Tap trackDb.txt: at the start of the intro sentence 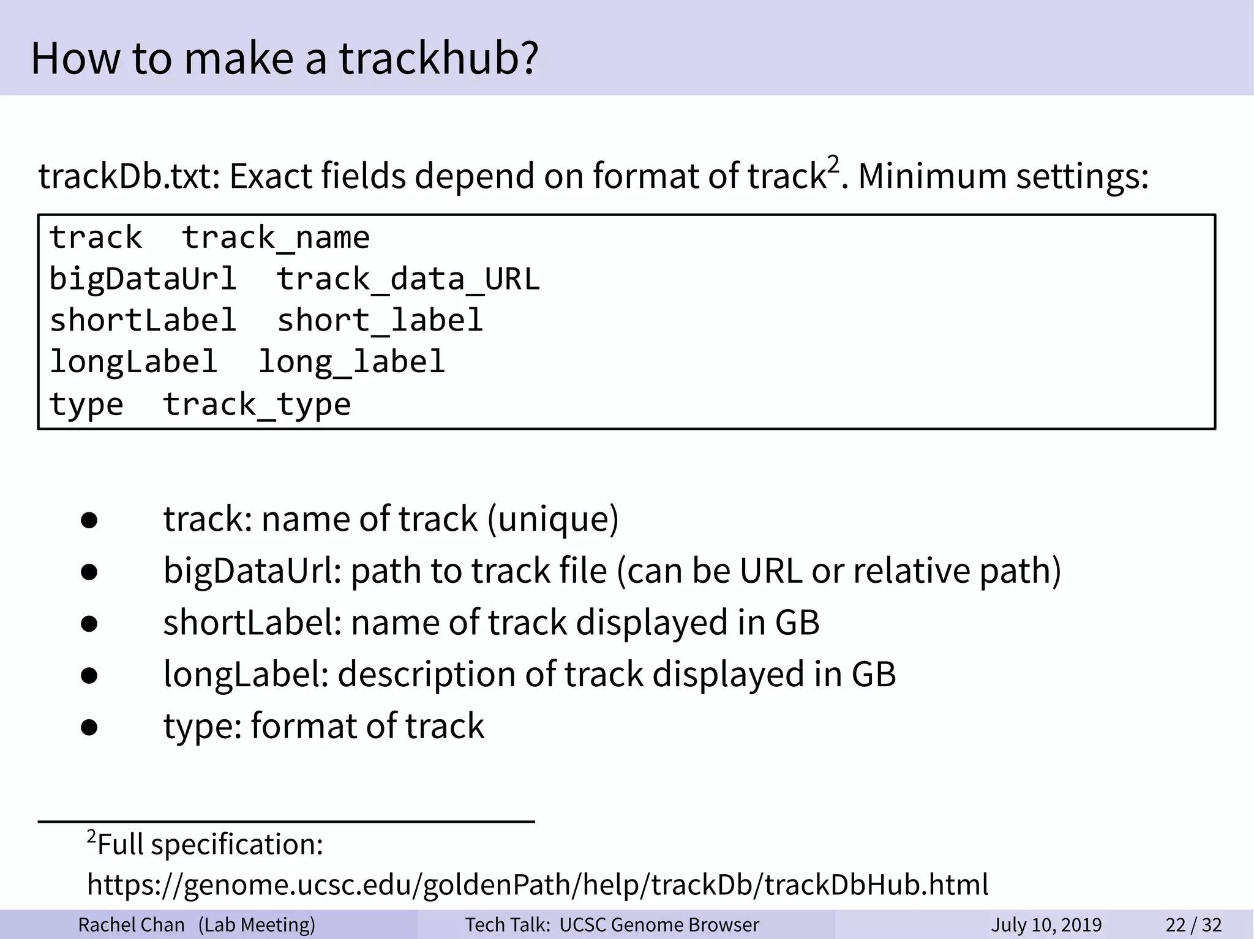(x=129, y=176)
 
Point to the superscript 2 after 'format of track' (x=833, y=164)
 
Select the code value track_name (x=276, y=238)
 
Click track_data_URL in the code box (x=408, y=279)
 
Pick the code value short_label (x=380, y=321)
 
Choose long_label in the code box (x=351, y=362)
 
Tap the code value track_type (x=257, y=405)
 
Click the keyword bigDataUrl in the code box (x=143, y=279)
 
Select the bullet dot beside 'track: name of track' (x=89, y=520)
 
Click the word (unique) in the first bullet (x=553, y=519)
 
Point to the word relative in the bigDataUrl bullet (x=912, y=571)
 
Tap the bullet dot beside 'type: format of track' (x=89, y=727)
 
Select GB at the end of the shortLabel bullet (x=797, y=623)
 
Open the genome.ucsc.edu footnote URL (x=538, y=885)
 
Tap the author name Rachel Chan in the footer (x=131, y=924)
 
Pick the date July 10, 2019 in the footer (x=1046, y=924)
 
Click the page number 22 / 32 (x=1193, y=924)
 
